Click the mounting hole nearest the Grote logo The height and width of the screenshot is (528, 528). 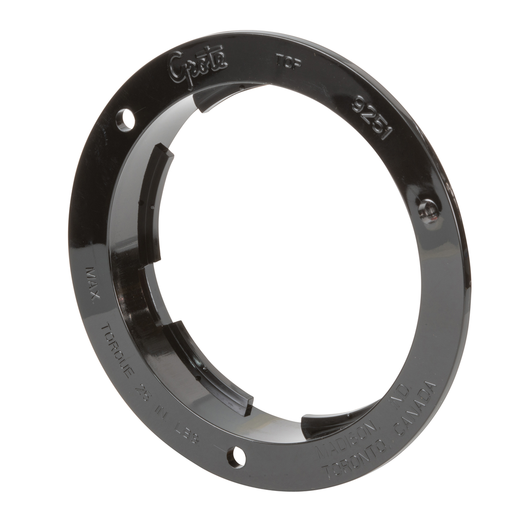[125, 120]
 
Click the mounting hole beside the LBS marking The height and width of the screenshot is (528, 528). [236, 456]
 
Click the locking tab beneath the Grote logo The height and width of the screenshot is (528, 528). [217, 96]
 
